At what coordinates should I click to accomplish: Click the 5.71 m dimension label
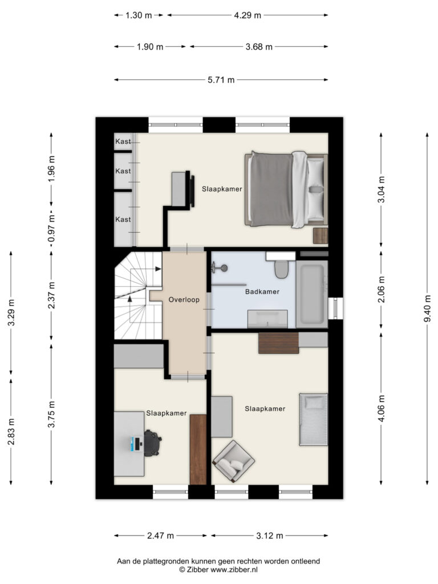[x=221, y=80]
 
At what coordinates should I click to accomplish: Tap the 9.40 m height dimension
[x=428, y=309]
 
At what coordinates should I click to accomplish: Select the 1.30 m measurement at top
[x=139, y=15]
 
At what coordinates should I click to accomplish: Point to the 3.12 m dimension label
[x=270, y=536]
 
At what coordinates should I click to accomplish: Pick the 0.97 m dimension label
[x=52, y=228]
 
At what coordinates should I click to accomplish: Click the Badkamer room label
[x=262, y=291]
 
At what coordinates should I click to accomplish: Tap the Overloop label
[x=184, y=299]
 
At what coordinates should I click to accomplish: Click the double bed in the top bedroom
[x=286, y=189]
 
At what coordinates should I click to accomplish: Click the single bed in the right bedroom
[x=314, y=419]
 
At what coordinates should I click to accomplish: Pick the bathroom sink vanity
[x=268, y=319]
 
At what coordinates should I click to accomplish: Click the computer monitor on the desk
[x=133, y=444]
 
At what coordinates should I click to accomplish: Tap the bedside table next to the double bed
[x=321, y=236]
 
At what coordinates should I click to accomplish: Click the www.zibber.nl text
[x=234, y=570]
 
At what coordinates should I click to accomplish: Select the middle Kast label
[x=123, y=171]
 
